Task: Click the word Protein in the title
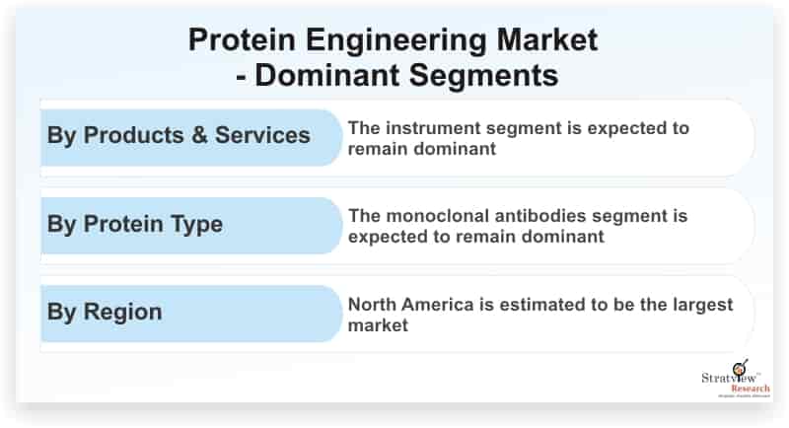pyautogui.click(x=242, y=39)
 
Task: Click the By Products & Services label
pyautogui.click(x=179, y=135)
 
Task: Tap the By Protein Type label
pyautogui.click(x=134, y=224)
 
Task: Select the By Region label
pyautogui.click(x=105, y=312)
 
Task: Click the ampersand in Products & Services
pyautogui.click(x=199, y=135)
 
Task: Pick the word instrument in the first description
pyautogui.click(x=434, y=128)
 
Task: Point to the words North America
pyautogui.click(x=410, y=305)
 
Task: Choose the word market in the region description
pyautogui.click(x=378, y=325)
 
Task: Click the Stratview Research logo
pyautogui.click(x=735, y=379)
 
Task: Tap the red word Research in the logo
pyautogui.click(x=751, y=389)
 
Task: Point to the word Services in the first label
pyautogui.click(x=262, y=135)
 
